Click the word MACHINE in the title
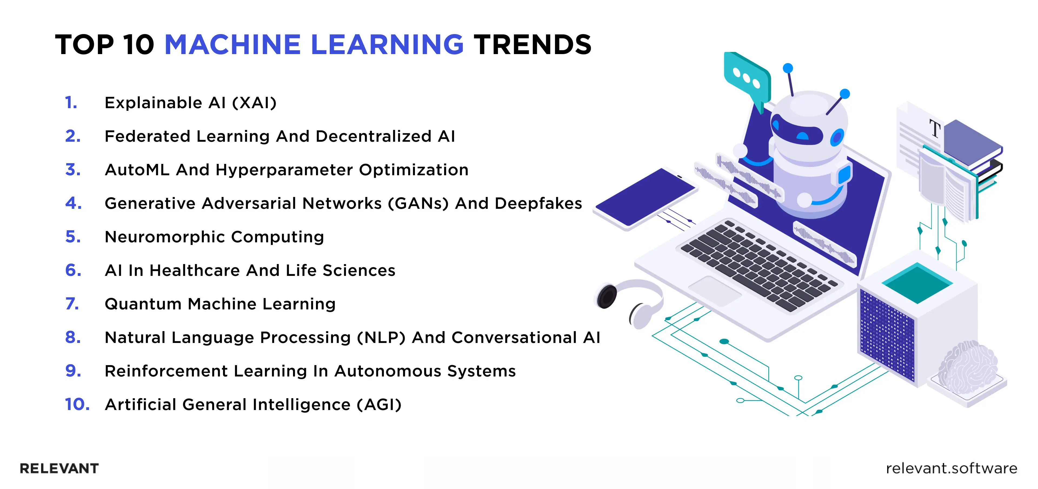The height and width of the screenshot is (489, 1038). point(232,44)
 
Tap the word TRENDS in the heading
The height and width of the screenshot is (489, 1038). point(532,44)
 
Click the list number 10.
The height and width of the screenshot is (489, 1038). point(77,404)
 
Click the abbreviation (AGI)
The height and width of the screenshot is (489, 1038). point(379,404)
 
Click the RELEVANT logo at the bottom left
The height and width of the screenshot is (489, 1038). point(59,468)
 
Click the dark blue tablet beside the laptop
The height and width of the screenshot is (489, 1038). point(645,197)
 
